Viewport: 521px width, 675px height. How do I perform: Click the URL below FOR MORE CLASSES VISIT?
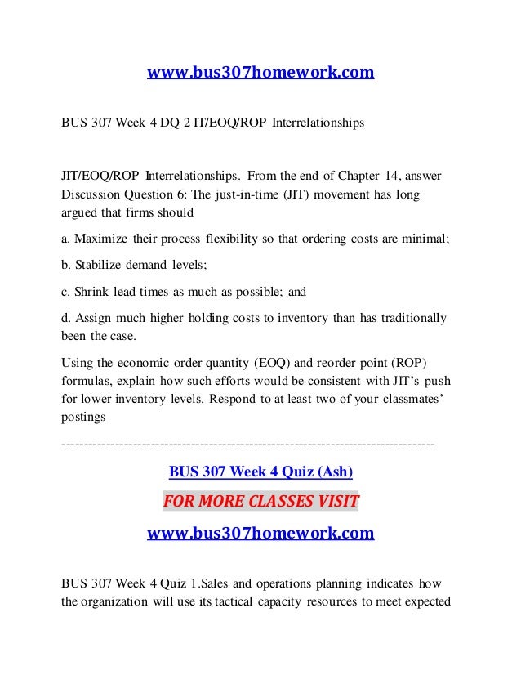click(x=260, y=534)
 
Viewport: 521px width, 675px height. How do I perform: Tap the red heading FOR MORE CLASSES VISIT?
click(x=260, y=499)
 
